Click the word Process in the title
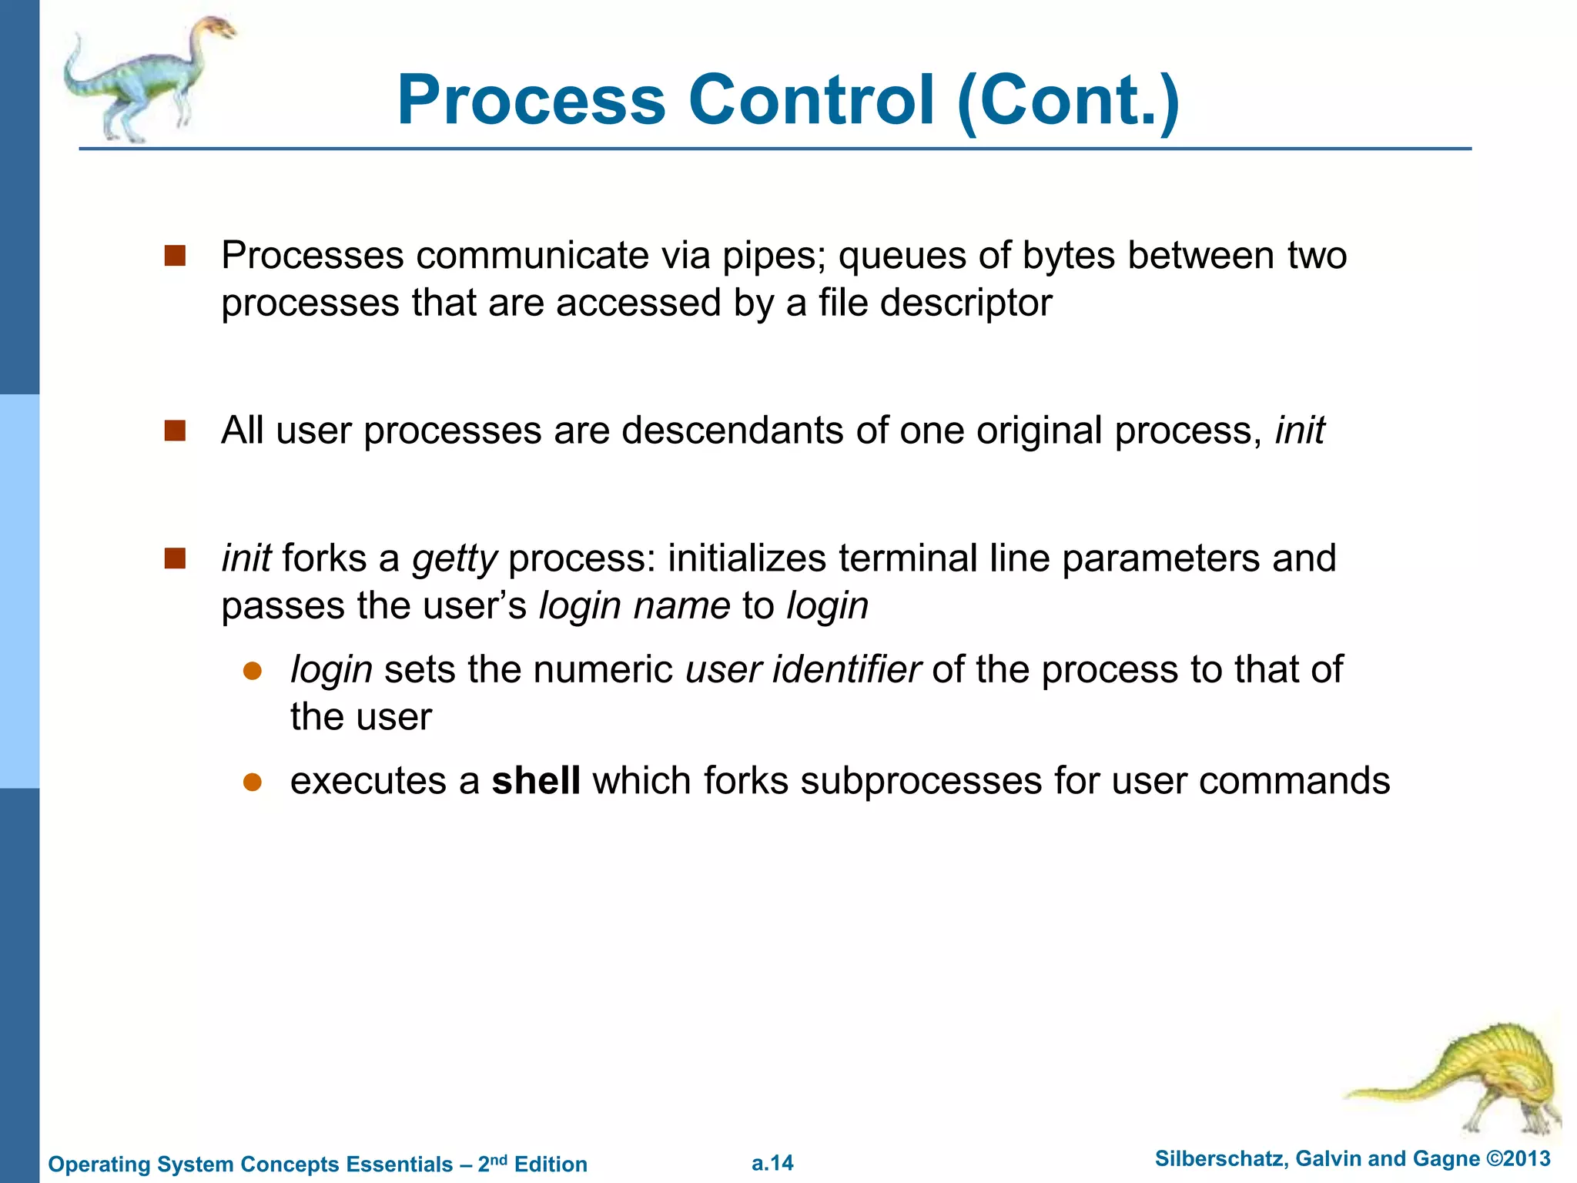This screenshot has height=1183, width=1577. point(531,100)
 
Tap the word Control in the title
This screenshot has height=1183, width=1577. point(811,100)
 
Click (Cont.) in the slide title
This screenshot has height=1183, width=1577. point(1068,100)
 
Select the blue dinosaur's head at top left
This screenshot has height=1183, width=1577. point(218,28)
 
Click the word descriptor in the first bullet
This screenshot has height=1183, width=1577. point(966,303)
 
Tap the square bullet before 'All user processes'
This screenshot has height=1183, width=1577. point(176,431)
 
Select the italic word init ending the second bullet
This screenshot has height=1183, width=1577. point(1299,431)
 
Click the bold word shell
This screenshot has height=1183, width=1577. point(536,781)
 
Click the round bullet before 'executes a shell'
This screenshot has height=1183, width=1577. point(253,783)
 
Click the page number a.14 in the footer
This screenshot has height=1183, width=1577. point(772,1163)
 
